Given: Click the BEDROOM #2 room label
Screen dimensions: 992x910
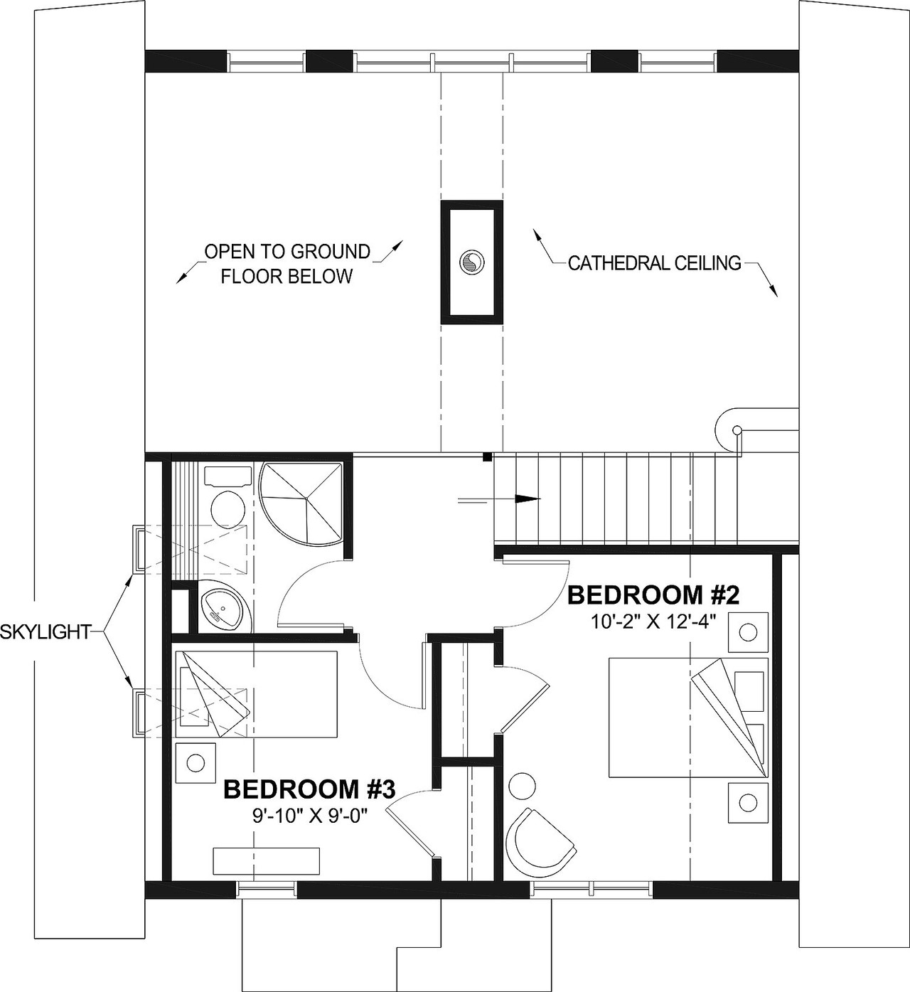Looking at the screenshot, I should (654, 594).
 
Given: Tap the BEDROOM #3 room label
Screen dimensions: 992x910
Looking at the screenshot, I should (309, 789).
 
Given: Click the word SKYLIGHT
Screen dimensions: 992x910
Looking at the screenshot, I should (45, 631).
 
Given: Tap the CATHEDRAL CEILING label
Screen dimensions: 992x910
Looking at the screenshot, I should (655, 264).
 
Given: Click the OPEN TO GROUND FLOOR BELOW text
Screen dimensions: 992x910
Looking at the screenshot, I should (287, 264).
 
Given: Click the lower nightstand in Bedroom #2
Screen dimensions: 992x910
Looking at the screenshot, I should (747, 802).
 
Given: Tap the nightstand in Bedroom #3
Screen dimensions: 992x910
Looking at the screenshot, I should (195, 763).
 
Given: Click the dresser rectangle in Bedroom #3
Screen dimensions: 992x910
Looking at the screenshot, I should (267, 860).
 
